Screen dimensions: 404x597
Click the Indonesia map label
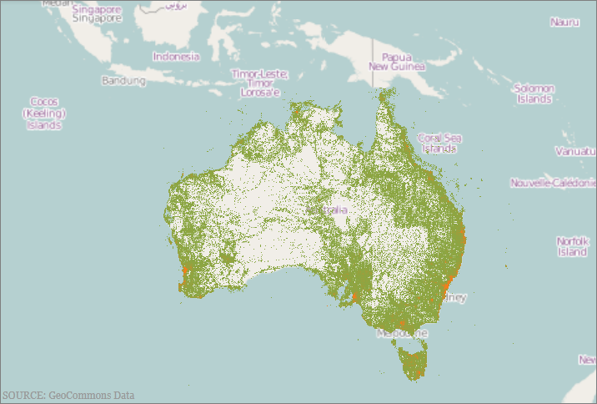(x=176, y=57)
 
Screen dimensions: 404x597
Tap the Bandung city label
(x=123, y=81)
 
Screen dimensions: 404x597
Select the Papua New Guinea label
(x=397, y=62)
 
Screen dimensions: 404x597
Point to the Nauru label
(x=564, y=22)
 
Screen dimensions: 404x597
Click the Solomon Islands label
(x=534, y=93)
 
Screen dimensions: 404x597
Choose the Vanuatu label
(x=574, y=152)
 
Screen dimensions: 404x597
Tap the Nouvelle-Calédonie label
(x=553, y=182)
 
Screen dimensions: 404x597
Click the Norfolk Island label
(x=572, y=246)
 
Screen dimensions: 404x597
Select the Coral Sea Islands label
(x=439, y=143)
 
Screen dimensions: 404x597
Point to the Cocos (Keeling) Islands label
(x=44, y=113)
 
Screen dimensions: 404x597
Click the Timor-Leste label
(x=260, y=74)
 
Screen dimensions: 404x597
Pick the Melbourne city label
(x=401, y=333)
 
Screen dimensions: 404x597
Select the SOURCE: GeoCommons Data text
(x=68, y=395)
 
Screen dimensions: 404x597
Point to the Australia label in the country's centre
(x=334, y=210)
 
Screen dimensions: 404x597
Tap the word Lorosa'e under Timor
(x=259, y=93)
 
